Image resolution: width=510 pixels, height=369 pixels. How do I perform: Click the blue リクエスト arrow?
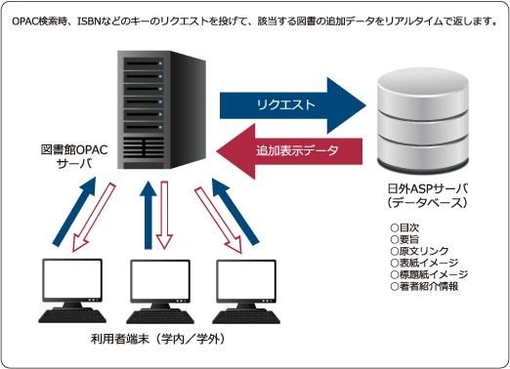(x=293, y=105)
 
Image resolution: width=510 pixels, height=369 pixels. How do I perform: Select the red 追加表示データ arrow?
(x=289, y=151)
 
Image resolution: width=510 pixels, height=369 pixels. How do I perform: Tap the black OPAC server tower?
(x=161, y=109)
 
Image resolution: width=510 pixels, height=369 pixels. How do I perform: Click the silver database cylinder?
(x=423, y=119)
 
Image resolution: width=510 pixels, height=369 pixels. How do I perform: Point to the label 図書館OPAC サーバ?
(x=74, y=156)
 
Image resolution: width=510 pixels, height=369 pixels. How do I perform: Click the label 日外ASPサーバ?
(x=428, y=188)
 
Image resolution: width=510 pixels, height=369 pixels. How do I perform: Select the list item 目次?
(x=404, y=227)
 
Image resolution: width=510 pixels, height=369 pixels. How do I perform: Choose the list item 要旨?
(x=404, y=239)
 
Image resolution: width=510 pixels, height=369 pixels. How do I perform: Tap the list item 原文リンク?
(x=419, y=251)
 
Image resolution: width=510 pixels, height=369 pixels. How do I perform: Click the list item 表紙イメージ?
(x=424, y=263)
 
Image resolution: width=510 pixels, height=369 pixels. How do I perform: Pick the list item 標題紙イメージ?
(x=429, y=274)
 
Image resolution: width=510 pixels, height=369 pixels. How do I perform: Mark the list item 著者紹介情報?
(x=424, y=286)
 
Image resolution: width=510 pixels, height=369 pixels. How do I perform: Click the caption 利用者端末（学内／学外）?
(x=158, y=339)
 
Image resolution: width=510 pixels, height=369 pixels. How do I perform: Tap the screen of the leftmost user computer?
(x=72, y=280)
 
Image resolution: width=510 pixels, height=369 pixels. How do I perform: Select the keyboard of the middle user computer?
(x=160, y=317)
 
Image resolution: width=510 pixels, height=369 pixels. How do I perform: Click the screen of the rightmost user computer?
(x=246, y=280)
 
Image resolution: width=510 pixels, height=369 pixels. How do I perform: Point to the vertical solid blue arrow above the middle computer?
(x=149, y=215)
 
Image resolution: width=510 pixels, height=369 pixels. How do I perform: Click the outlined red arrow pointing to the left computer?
(x=93, y=218)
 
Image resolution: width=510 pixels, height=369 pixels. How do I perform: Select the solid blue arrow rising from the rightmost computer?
(x=235, y=211)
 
